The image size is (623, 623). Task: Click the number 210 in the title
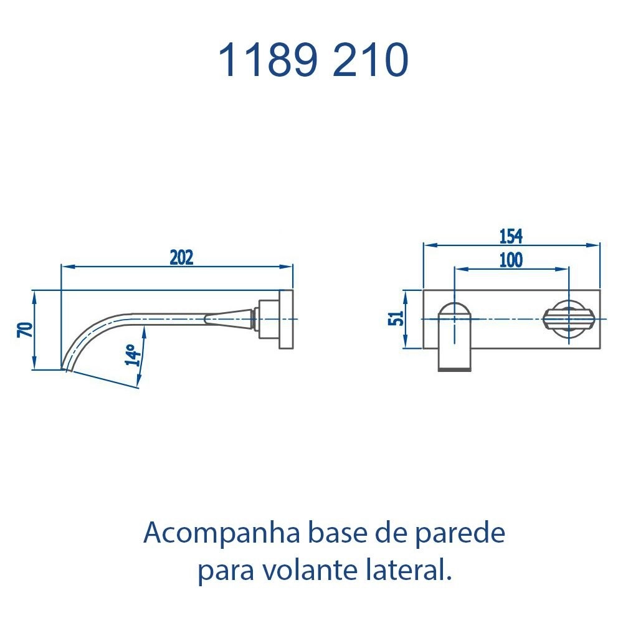pyautogui.click(x=371, y=60)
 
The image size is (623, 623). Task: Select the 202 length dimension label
pyautogui.click(x=181, y=257)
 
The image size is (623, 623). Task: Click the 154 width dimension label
pyautogui.click(x=511, y=236)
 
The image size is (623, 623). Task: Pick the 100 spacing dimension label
pyautogui.click(x=511, y=260)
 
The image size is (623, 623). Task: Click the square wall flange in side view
pyautogui.click(x=286, y=319)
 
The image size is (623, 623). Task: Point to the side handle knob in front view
pyautogui.click(x=566, y=319)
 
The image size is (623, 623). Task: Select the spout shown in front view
pyautogui.click(x=455, y=336)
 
